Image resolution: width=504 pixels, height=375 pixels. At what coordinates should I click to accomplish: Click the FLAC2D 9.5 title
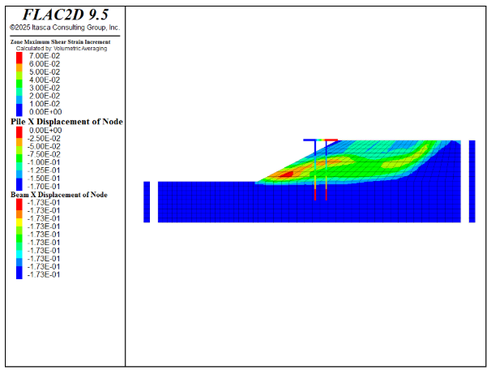tap(66, 15)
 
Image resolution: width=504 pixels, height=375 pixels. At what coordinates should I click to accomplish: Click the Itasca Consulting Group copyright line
tap(65, 28)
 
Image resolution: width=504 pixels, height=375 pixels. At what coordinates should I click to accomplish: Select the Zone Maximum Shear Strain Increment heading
tap(61, 42)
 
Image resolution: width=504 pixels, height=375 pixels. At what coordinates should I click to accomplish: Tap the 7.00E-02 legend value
tap(45, 56)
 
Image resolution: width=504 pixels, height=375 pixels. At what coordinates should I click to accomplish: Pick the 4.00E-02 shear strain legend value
tap(45, 80)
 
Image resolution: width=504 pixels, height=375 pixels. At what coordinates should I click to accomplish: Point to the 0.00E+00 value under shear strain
tap(45, 112)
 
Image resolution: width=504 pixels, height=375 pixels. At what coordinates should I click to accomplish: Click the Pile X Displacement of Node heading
tap(66, 122)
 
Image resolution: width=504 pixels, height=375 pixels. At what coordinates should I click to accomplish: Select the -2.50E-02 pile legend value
tap(44, 139)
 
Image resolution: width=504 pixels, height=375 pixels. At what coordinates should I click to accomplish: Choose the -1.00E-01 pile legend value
tap(44, 162)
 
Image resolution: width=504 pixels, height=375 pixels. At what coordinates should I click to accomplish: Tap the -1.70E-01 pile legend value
tap(44, 187)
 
